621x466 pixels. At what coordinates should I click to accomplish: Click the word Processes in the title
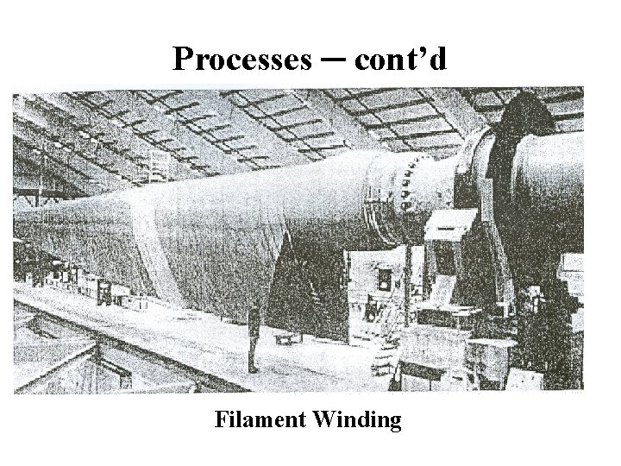click(241, 59)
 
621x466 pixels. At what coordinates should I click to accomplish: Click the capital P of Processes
click(181, 59)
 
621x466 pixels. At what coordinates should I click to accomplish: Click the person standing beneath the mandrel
click(253, 338)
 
